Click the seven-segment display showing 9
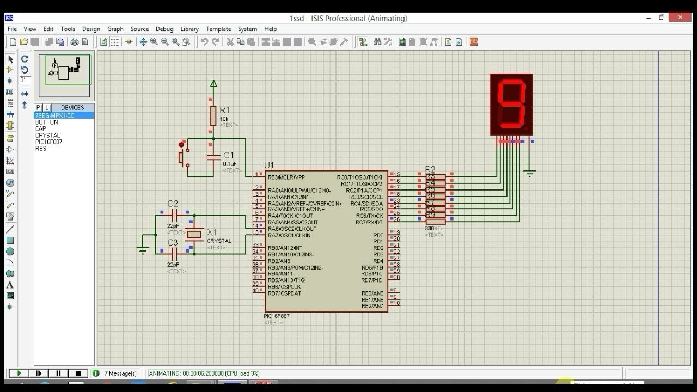pyautogui.click(x=511, y=104)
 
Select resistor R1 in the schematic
pyautogui.click(x=213, y=115)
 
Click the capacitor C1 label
pyautogui.click(x=228, y=156)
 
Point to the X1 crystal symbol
pyautogui.click(x=194, y=235)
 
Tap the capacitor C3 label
pyautogui.click(x=172, y=242)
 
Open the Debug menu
pyautogui.click(x=164, y=29)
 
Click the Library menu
pyautogui.click(x=189, y=29)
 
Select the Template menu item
pyautogui.click(x=218, y=29)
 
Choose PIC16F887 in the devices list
pyautogui.click(x=48, y=142)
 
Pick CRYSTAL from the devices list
pyautogui.click(x=48, y=136)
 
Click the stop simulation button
pyautogui.click(x=78, y=373)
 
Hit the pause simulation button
pyautogui.click(x=58, y=373)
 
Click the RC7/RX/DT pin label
pyautogui.click(x=369, y=222)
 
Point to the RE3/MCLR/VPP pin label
pyautogui.click(x=286, y=177)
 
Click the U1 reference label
pyautogui.click(x=269, y=166)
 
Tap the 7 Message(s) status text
pyautogui.click(x=120, y=373)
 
